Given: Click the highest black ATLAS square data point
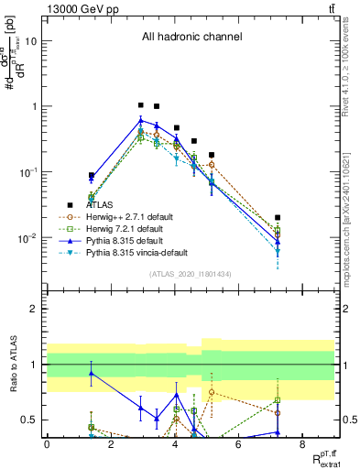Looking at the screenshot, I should (x=140, y=105).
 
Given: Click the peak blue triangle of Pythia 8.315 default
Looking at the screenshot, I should (x=140, y=120).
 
